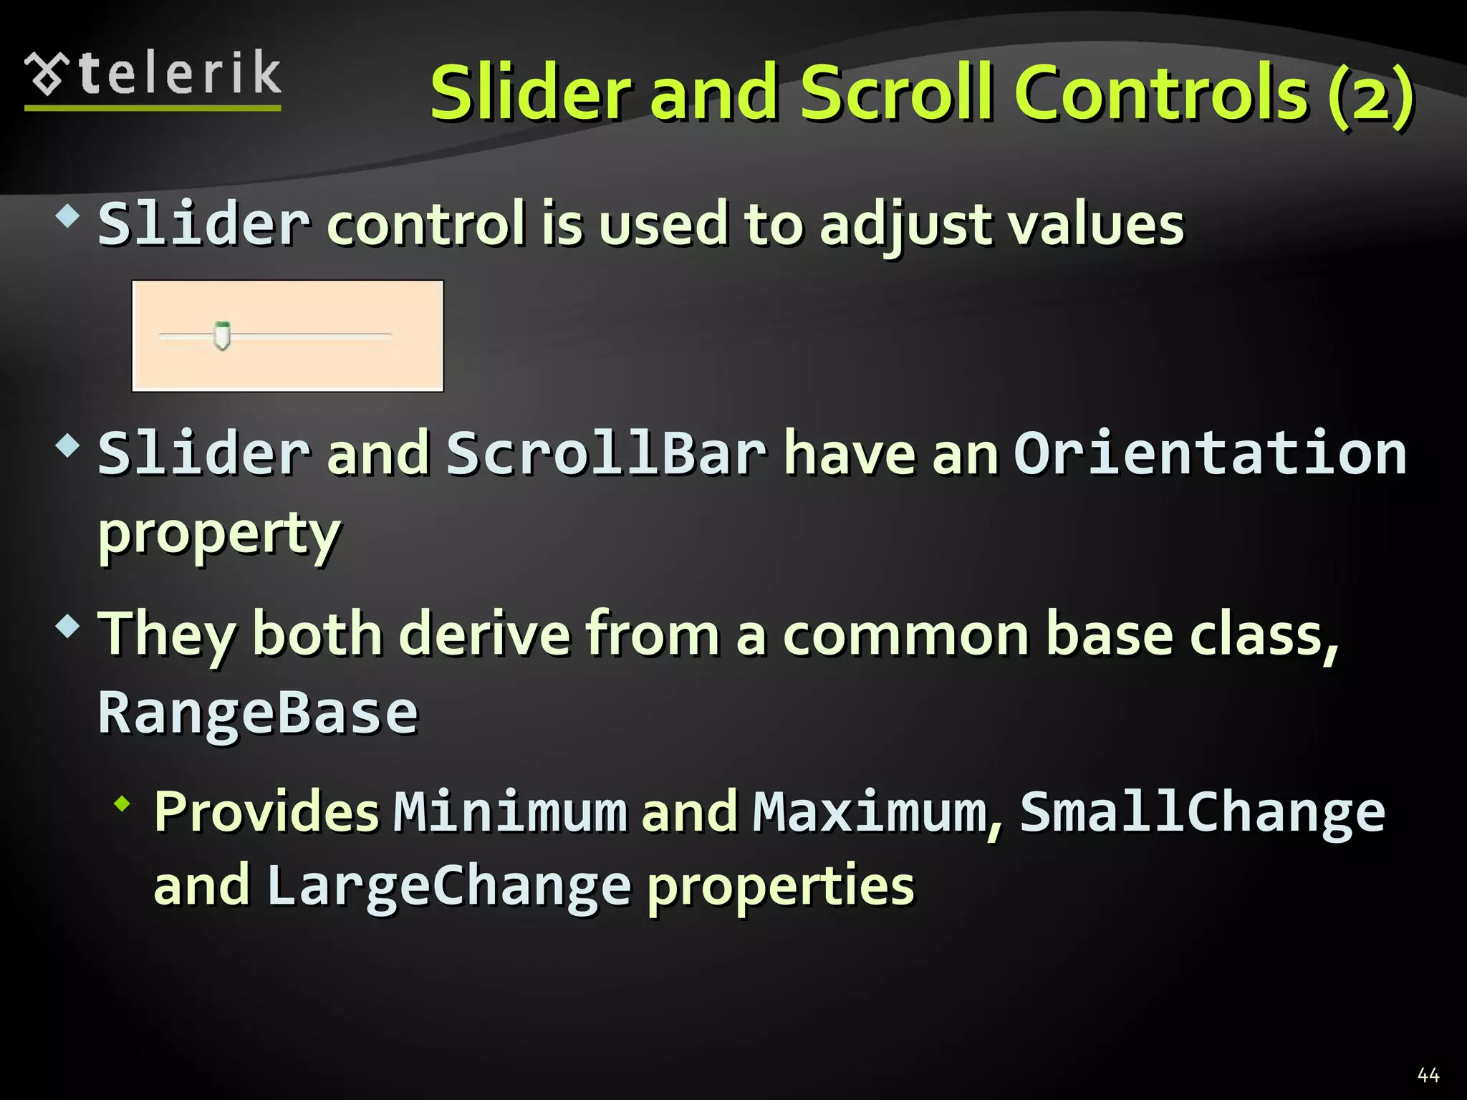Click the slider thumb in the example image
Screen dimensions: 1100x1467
coord(222,335)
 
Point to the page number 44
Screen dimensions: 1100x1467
coord(1428,1074)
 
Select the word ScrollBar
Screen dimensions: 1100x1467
coord(606,454)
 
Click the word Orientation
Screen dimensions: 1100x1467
coord(1210,454)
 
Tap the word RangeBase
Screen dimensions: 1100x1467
coord(258,713)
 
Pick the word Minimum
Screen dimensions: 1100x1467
coord(510,812)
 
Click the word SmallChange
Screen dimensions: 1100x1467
coord(1202,812)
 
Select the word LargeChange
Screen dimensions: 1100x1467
coord(448,887)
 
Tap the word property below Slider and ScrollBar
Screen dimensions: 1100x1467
coord(219,534)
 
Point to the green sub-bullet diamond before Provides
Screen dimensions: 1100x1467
coord(122,804)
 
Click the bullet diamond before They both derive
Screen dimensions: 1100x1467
coord(68,627)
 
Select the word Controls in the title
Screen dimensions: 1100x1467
coord(1161,93)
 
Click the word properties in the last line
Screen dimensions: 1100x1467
coord(781,887)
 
